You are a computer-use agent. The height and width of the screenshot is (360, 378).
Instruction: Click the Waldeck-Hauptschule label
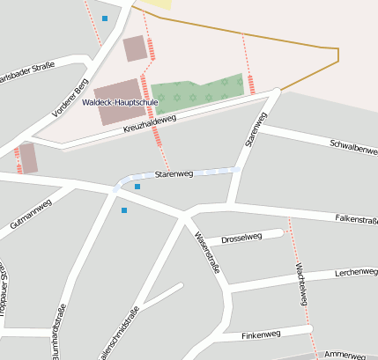click(120, 102)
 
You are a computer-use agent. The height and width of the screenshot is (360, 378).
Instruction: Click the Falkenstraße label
click(355, 220)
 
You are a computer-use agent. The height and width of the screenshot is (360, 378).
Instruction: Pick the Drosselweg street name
click(241, 237)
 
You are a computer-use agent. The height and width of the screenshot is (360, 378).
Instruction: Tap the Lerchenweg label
click(356, 273)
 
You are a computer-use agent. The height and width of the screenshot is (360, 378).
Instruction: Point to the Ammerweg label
click(345, 354)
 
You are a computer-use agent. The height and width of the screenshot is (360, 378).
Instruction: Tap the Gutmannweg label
click(31, 215)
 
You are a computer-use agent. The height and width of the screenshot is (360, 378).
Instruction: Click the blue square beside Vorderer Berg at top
click(105, 18)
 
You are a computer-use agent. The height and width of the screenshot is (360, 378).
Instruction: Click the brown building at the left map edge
click(28, 158)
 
